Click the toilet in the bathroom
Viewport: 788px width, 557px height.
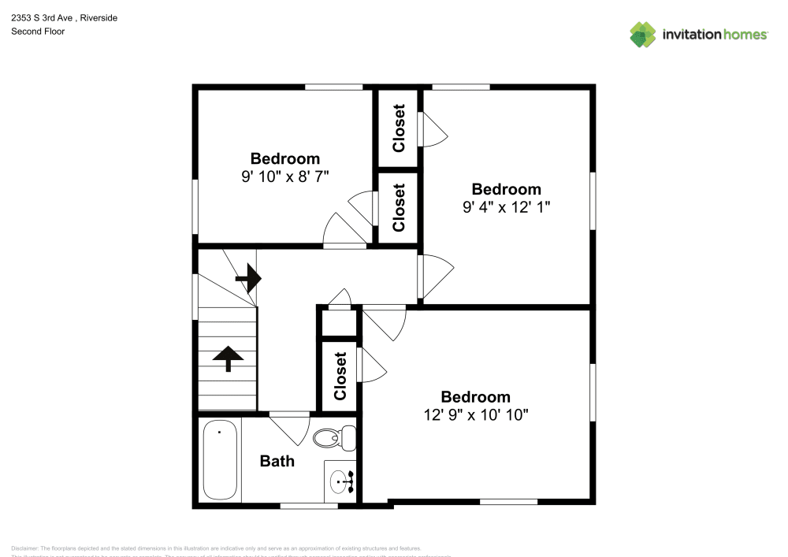point(333,436)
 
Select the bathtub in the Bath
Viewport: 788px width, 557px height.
point(220,462)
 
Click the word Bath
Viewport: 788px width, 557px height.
point(277,461)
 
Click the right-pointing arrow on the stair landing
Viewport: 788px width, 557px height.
point(249,277)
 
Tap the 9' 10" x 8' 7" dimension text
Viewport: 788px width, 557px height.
point(284,176)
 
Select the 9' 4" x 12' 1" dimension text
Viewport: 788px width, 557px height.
point(506,207)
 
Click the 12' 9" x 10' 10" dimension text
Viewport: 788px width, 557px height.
point(475,414)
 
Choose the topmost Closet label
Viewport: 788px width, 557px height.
point(399,128)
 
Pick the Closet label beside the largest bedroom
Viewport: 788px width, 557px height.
point(340,376)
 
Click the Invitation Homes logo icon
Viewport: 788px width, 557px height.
point(643,34)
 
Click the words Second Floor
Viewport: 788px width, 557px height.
point(38,32)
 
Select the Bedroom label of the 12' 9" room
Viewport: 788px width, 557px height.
point(475,396)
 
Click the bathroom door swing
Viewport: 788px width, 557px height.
point(290,428)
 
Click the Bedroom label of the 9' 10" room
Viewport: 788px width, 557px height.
point(284,158)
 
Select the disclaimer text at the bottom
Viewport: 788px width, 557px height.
point(217,548)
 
